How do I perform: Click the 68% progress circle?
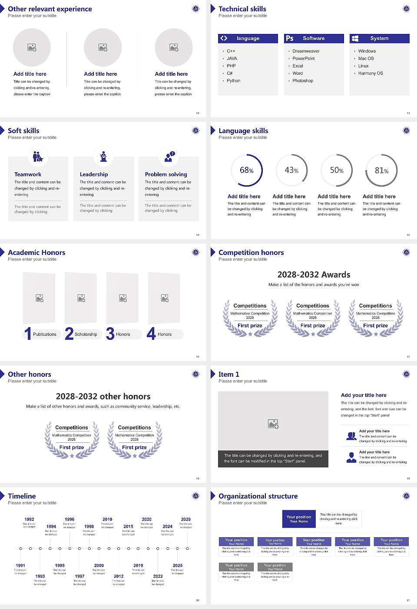246,170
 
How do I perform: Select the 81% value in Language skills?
381,171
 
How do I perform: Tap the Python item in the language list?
233,80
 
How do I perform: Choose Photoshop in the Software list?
303,80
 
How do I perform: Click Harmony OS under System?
371,73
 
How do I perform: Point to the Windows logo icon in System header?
355,38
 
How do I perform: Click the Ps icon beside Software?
290,38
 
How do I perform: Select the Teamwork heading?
28,174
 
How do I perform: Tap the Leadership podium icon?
103,156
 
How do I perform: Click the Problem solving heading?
166,174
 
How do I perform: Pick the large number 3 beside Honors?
110,334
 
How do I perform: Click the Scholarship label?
86,334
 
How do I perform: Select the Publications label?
45,334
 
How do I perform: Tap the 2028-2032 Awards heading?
314,274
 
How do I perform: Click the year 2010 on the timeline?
107,519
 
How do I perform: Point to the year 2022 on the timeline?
158,576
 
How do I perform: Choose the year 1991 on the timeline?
20,565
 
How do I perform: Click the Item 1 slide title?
228,374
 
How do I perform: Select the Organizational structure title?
258,496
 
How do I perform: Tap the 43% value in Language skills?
291,170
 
